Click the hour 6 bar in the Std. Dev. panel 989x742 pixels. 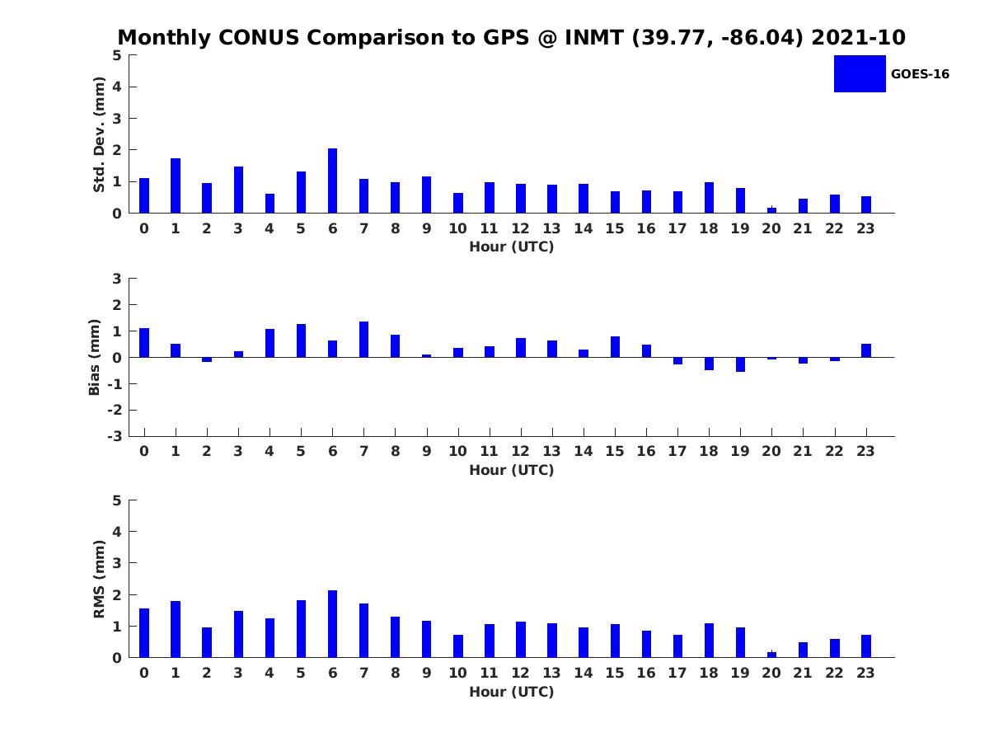332,181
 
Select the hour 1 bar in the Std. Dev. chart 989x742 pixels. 176,185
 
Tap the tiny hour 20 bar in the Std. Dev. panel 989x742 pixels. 771,210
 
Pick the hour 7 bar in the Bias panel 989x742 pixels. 363,340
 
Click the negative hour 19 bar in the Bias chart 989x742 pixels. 740,364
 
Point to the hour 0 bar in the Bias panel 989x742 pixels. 144,343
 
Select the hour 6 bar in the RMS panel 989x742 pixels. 332,624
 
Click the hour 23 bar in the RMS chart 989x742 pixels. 866,646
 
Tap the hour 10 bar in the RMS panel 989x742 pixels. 458,646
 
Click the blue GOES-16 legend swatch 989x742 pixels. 860,73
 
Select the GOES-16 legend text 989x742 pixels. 920,74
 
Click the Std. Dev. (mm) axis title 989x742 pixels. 100,134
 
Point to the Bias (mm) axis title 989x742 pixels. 95,357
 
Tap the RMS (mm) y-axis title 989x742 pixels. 100,579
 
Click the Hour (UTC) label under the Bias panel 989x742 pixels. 511,470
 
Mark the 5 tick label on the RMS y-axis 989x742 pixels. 117,500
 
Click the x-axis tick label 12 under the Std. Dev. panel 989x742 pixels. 521,229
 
